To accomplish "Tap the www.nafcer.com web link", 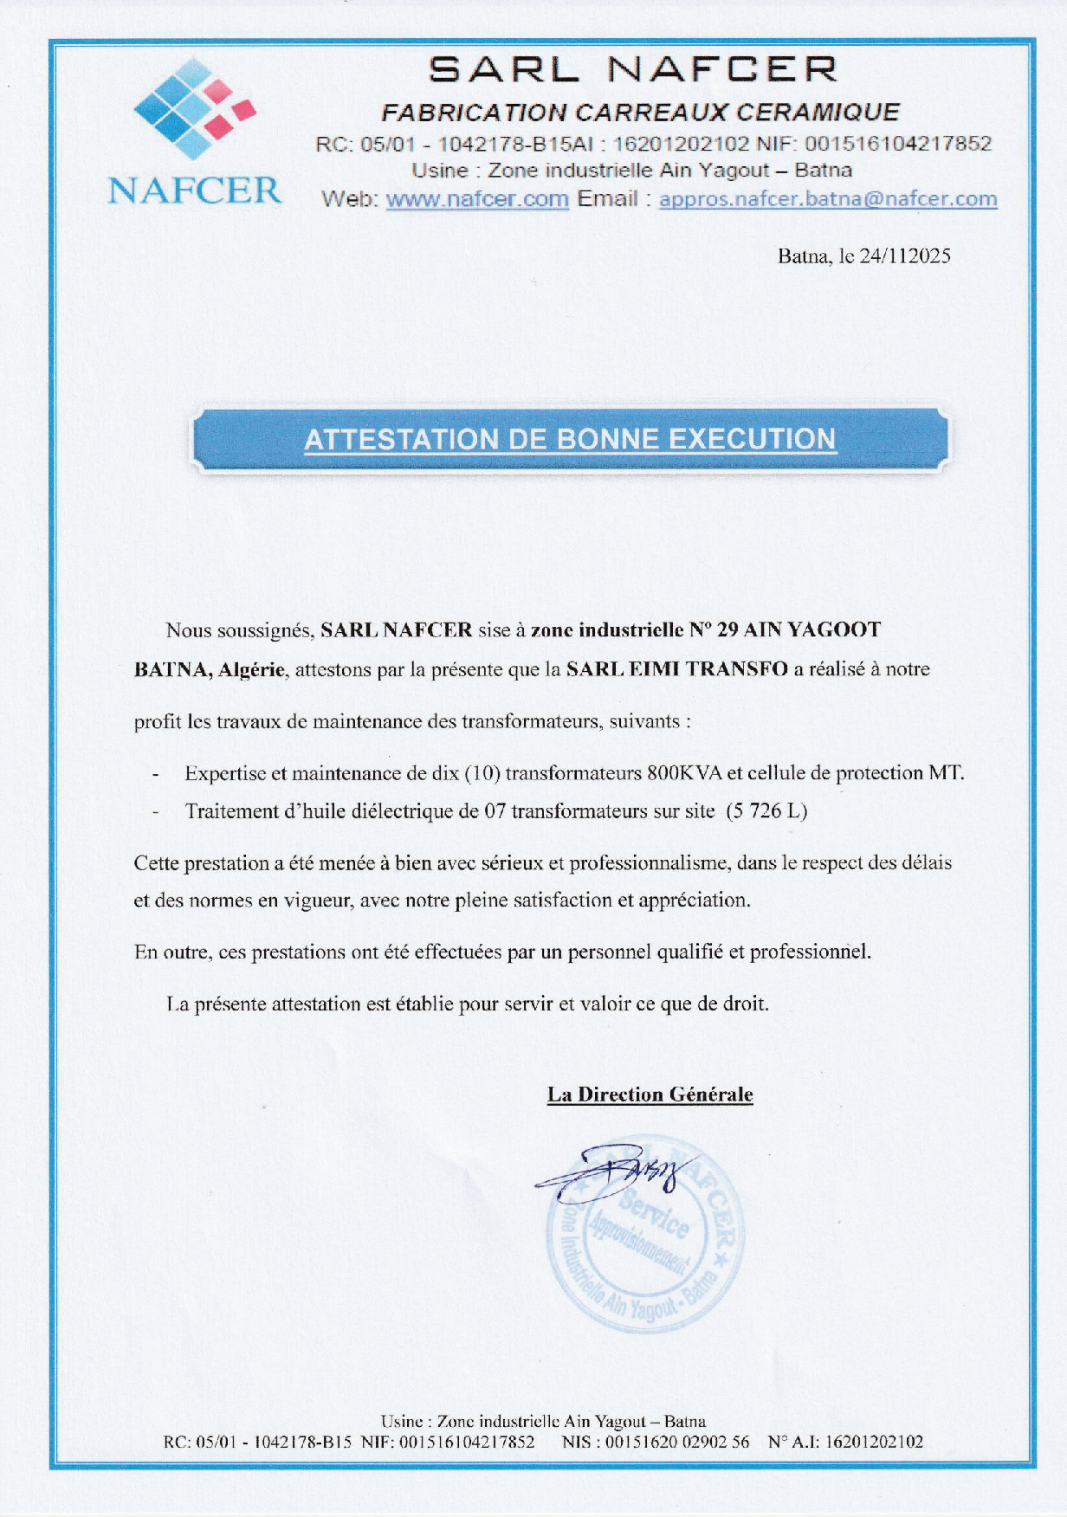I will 477,199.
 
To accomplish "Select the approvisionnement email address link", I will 828,199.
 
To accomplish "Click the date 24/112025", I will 905,256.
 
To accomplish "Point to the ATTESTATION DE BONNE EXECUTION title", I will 570,439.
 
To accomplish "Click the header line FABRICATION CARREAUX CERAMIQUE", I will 641,113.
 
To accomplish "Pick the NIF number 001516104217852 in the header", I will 898,144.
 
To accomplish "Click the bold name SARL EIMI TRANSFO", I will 676,669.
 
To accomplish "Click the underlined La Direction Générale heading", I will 650,1094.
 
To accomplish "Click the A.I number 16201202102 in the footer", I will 874,1442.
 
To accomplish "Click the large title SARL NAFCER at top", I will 633,69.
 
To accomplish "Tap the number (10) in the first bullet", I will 483,773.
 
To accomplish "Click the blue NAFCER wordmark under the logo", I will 195,190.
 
